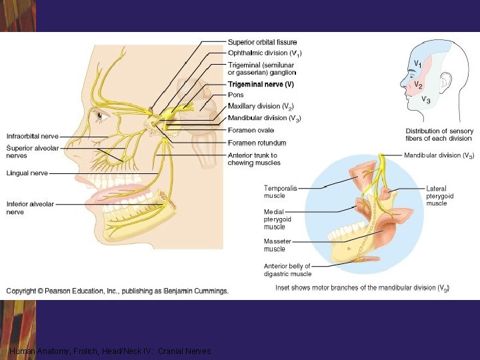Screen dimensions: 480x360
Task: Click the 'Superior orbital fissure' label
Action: tap(262, 43)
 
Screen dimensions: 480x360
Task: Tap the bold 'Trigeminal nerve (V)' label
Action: tap(261, 85)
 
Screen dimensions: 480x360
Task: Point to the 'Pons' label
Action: tap(236, 95)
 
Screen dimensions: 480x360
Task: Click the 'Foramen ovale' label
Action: tap(251, 130)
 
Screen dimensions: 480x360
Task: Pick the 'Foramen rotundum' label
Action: tap(257, 143)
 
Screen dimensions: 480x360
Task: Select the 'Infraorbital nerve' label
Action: tap(33, 137)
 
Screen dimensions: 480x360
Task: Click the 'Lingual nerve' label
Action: tap(27, 173)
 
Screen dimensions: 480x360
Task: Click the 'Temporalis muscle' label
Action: tap(280, 192)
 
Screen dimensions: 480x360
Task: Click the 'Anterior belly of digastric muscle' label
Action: tap(287, 269)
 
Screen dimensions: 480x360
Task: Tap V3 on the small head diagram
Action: tap(425, 100)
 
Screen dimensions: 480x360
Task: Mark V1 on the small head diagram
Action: tap(417, 63)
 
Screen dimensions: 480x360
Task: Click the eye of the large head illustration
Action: tap(100, 115)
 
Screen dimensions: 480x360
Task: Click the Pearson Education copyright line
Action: tap(117, 291)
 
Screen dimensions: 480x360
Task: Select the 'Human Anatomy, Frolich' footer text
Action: tap(110, 351)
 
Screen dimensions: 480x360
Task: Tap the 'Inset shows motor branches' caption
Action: tap(362, 288)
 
